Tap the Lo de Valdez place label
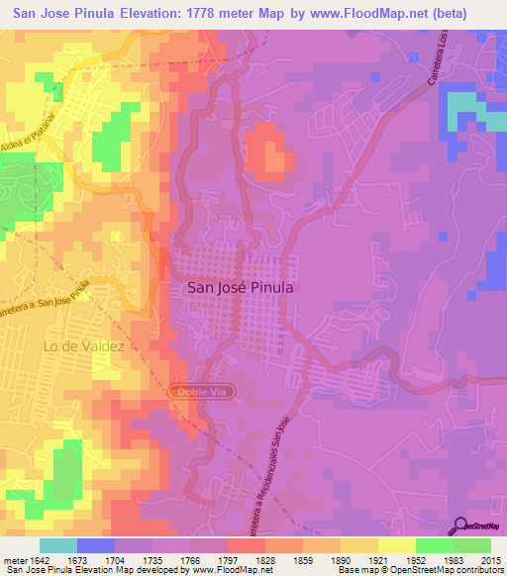[x=83, y=346]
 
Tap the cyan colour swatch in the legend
[x=57, y=545]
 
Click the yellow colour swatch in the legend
[x=397, y=545]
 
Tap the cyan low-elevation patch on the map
[x=460, y=117]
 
